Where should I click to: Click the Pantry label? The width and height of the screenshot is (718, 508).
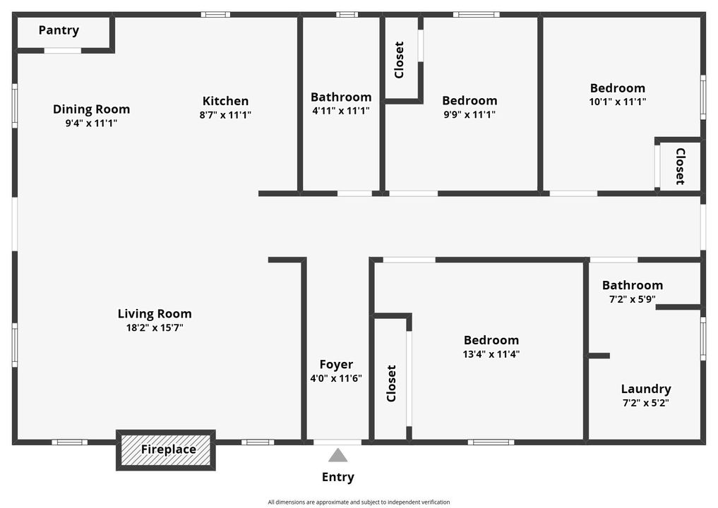59,30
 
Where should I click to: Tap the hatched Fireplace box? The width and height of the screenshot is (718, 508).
167,449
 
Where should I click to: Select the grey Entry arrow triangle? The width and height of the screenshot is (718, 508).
338,455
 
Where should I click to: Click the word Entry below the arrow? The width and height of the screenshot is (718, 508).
338,477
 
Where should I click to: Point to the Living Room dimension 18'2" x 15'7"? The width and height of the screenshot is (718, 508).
155,327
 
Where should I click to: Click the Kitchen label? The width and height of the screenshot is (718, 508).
225,101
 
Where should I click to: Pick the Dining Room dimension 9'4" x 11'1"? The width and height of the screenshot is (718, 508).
91,123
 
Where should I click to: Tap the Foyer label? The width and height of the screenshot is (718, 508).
336,364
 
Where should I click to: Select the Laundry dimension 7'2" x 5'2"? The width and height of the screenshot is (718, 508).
645,403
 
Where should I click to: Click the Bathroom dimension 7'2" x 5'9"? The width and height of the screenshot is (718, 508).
632,299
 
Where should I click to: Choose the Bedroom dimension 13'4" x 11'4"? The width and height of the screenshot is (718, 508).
491,354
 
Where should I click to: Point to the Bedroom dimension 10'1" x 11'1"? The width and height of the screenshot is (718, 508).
617,102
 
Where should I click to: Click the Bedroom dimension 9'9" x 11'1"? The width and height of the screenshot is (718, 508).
469,114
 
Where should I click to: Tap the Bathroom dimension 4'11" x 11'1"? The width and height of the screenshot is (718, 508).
341,111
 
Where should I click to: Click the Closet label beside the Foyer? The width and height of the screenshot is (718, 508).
391,383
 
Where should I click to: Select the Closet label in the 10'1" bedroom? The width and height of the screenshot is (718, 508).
680,166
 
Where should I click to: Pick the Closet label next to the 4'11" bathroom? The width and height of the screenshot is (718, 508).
399,60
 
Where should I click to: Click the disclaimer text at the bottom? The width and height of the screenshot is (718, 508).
359,502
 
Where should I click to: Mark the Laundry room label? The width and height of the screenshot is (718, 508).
645,389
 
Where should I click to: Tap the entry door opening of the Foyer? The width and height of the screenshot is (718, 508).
337,442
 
